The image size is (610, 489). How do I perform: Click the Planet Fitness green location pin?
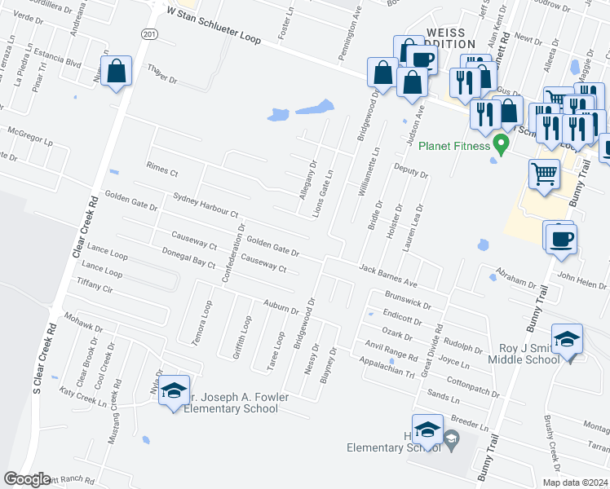pos(502,145)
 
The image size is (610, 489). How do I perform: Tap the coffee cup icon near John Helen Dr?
pos(562,239)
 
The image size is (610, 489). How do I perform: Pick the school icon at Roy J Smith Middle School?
pos(568,340)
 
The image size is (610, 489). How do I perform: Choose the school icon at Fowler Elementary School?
pos(174,391)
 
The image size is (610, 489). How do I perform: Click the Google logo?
pos(27,479)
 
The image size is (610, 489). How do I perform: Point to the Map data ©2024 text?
pos(574,482)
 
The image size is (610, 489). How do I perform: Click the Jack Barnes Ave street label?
pos(388,276)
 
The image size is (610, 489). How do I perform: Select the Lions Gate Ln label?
pos(324,193)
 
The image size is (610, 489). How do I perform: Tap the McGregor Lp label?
pos(29,134)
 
